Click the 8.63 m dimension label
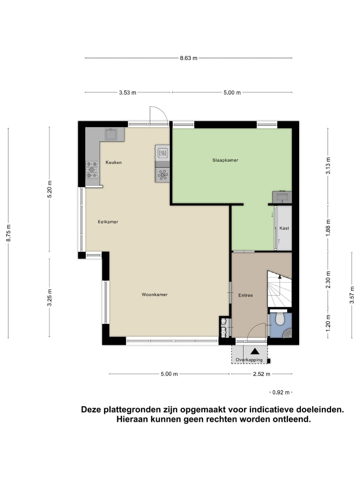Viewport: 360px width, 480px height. (188, 58)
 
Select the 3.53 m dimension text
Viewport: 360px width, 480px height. (128, 93)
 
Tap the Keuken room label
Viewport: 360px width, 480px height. (113, 163)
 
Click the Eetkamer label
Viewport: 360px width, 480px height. (108, 222)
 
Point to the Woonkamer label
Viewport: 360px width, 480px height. (154, 295)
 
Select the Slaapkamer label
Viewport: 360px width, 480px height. (225, 160)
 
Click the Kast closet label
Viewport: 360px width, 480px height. (284, 228)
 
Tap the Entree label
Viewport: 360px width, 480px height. (245, 295)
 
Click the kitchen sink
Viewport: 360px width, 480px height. (111, 134)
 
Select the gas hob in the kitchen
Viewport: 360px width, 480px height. (92, 169)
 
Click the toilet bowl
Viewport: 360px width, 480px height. (280, 319)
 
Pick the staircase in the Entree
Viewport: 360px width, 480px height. (279, 289)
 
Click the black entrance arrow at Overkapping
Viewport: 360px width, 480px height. (255, 352)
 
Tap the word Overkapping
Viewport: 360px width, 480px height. (249, 360)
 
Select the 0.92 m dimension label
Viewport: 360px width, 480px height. (281, 392)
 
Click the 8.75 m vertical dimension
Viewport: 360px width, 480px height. (8, 232)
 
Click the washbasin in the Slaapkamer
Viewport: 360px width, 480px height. (282, 196)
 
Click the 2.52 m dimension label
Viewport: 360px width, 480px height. (261, 374)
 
